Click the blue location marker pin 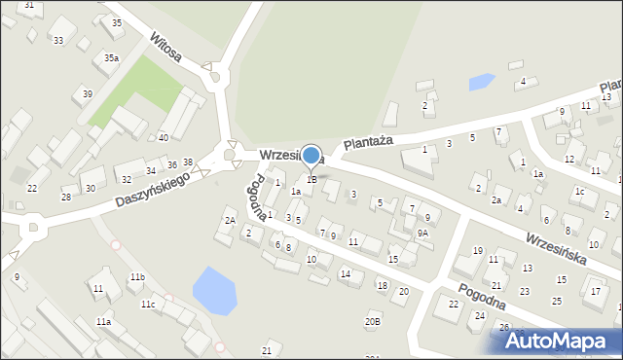[x=311, y=156]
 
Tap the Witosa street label [x=165, y=46]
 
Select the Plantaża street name [x=367, y=142]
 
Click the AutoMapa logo [x=559, y=341]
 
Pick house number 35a [x=112, y=58]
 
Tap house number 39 [x=88, y=93]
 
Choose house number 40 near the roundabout [x=163, y=137]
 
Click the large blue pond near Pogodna [x=214, y=290]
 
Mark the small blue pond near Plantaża [x=482, y=82]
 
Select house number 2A [x=230, y=221]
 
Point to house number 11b [x=137, y=277]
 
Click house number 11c [x=147, y=305]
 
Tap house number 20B [x=372, y=321]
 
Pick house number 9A [x=422, y=234]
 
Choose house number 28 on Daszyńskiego [x=66, y=197]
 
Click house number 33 [x=58, y=40]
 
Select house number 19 [x=477, y=251]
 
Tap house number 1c [x=579, y=192]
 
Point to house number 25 [x=557, y=301]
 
